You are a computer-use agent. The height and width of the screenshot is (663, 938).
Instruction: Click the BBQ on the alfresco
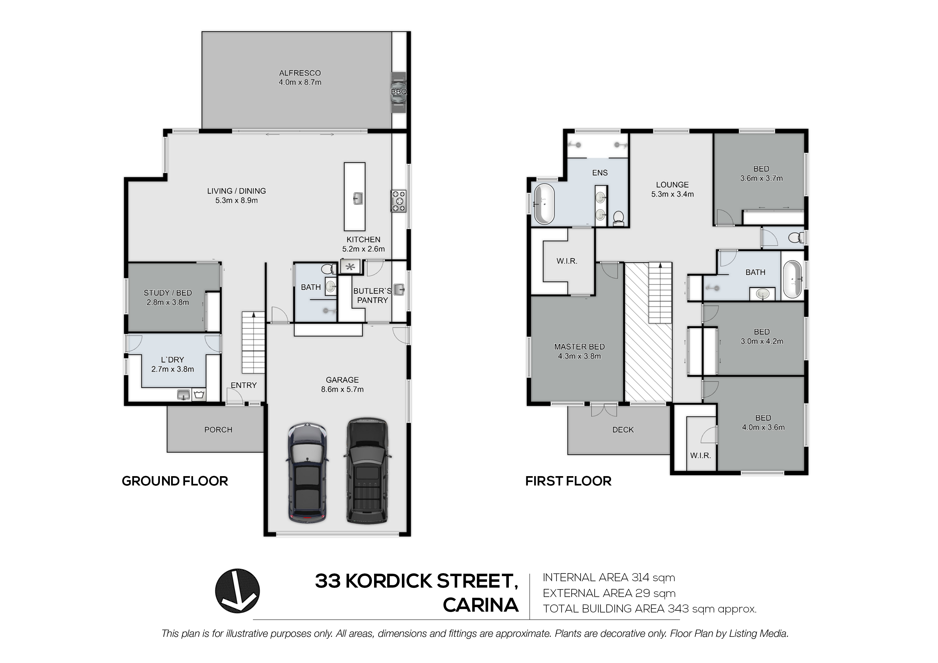point(399,92)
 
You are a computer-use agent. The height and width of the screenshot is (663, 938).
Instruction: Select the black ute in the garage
point(367,470)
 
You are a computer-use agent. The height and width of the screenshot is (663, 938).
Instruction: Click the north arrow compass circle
point(237,591)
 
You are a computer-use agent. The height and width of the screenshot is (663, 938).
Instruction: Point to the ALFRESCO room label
point(300,73)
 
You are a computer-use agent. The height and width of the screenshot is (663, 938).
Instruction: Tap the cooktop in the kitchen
point(399,201)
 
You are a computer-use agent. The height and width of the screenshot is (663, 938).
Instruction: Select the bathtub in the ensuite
point(543,204)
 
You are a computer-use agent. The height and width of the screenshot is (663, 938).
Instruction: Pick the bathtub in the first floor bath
point(793,280)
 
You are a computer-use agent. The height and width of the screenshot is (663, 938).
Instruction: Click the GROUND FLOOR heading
point(175,481)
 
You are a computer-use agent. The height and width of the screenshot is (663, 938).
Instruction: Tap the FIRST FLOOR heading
point(568,481)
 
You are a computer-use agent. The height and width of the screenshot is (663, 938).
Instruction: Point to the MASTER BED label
point(579,347)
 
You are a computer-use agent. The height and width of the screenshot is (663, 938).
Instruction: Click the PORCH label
point(218,430)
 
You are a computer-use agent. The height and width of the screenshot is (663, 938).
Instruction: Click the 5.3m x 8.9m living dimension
point(237,201)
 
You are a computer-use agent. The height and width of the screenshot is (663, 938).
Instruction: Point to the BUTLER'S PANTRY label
point(372,296)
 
